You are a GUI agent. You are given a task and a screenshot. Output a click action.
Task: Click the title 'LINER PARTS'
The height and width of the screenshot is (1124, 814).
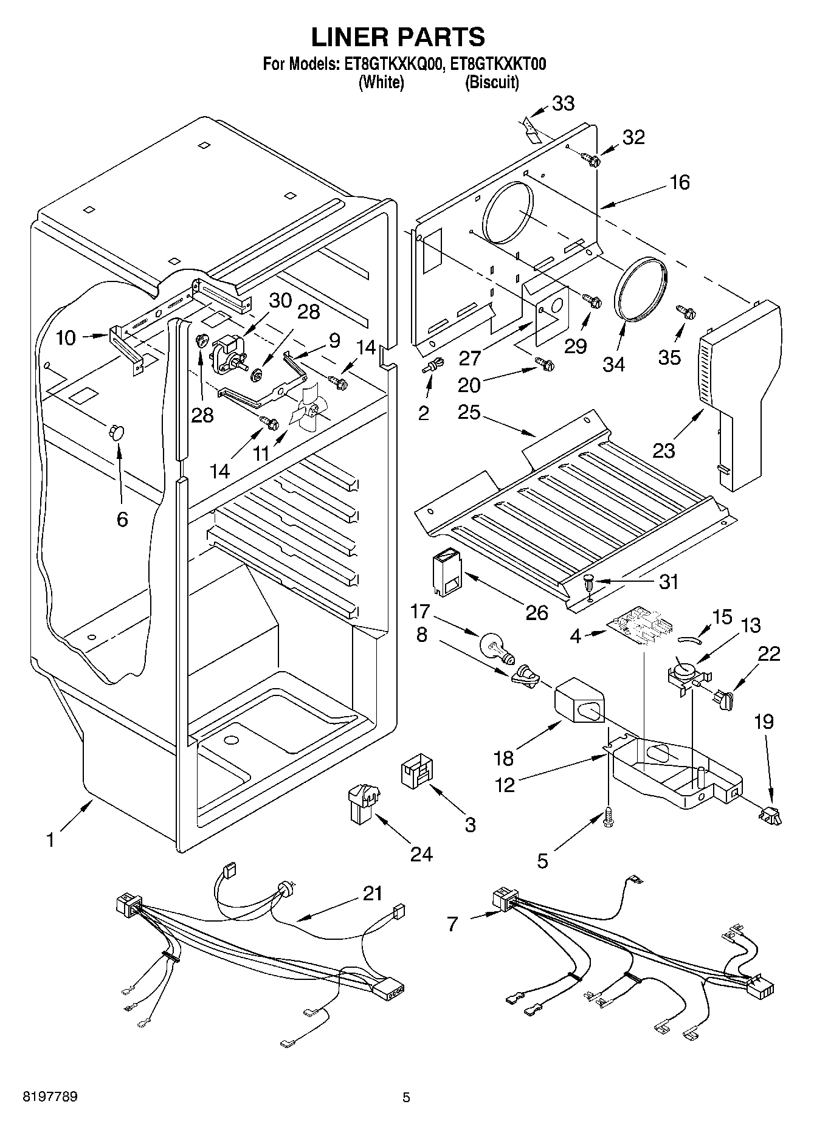coord(398,37)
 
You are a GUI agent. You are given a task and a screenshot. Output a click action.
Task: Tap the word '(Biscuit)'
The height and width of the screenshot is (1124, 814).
coord(492,82)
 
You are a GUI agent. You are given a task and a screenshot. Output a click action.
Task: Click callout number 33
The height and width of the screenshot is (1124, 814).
coord(563,104)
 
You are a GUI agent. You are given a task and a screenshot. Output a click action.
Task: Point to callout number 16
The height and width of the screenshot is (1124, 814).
coord(680,182)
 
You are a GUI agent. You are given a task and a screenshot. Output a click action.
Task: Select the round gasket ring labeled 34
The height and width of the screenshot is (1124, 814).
coord(641,289)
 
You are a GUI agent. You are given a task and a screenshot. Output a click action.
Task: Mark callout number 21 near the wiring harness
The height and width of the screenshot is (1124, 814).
coord(373,893)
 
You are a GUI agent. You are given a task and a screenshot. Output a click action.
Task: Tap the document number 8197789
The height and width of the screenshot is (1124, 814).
coord(50,1097)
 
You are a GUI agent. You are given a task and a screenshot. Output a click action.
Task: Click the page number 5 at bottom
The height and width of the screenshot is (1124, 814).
coord(406,1097)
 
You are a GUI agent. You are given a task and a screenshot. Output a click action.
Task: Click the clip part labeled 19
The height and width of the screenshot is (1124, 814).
coord(768,815)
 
